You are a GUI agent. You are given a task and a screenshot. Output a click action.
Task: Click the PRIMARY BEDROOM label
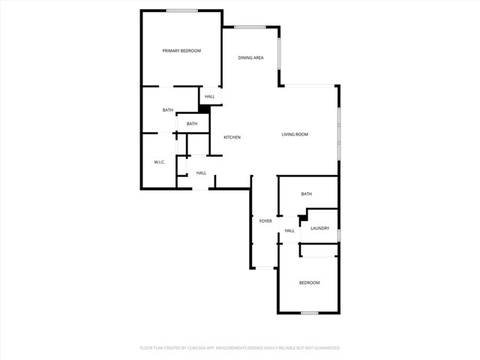181,51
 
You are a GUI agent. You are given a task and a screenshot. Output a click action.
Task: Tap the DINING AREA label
250,58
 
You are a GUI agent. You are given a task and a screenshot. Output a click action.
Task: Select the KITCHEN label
232,137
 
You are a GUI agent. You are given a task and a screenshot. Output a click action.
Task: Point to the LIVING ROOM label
295,135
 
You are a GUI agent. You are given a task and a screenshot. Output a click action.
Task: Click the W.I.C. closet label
159,162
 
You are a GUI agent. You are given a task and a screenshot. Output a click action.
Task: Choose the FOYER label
265,221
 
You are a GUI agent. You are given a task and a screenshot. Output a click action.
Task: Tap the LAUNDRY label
319,228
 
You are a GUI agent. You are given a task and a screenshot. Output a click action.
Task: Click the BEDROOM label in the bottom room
310,283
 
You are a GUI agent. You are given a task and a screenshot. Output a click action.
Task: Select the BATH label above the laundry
306,194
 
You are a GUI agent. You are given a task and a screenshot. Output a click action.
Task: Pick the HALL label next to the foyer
289,230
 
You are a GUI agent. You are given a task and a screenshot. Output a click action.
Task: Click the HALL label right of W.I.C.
201,173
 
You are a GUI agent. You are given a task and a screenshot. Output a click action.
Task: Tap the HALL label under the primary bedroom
209,96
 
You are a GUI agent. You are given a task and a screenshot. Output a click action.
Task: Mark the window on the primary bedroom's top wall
182,10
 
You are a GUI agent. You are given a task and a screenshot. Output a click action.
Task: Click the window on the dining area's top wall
250,28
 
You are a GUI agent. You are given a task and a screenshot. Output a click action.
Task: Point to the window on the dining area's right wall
280,54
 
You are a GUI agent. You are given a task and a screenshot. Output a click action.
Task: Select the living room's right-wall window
339,133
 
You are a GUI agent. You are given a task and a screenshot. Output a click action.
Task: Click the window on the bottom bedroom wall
309,313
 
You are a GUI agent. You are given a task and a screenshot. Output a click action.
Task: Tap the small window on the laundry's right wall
339,235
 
